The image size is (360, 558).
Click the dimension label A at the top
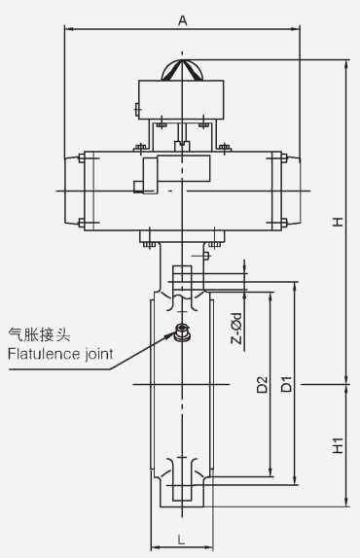click(182, 20)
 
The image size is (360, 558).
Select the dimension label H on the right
click(338, 222)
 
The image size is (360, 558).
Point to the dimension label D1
click(287, 384)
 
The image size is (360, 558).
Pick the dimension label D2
click(263, 384)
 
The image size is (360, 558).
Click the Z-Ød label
click(236, 329)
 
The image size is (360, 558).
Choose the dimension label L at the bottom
click(182, 540)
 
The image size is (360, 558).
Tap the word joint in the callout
click(99, 355)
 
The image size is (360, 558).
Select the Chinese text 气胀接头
click(39, 334)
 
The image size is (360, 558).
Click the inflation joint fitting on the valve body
click(183, 332)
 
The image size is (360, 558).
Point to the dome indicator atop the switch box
click(183, 70)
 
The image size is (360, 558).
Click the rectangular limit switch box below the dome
click(181, 99)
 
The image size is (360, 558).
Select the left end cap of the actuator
click(74, 192)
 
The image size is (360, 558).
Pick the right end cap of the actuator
click(290, 192)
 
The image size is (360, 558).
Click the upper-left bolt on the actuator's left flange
click(81, 158)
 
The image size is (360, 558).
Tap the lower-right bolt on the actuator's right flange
click(284, 224)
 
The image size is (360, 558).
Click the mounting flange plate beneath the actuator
click(182, 236)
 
